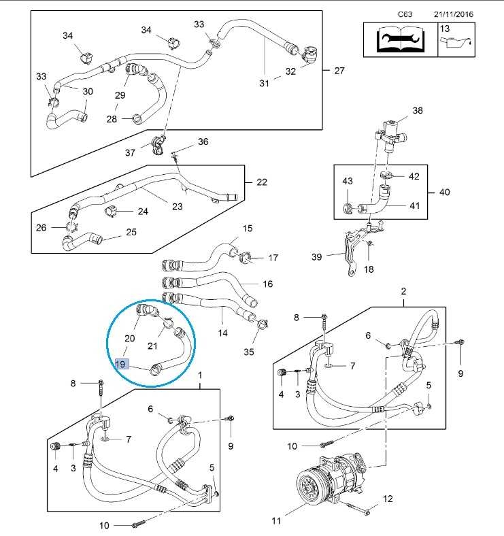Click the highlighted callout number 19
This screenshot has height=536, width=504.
pos(122,364)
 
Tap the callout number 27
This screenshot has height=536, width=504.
pos(340,70)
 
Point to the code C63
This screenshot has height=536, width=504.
pos(406,14)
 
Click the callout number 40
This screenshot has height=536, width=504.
pos(444,192)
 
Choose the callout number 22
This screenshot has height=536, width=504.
pos(261,182)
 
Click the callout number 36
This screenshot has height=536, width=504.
pos(203,141)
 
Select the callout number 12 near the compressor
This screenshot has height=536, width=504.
pos(388,500)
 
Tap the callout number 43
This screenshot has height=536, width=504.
pos(348,182)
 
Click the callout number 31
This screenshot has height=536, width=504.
pos(265,84)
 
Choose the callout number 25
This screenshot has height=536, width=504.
pos(131,232)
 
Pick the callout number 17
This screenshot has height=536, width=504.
pos(273,258)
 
